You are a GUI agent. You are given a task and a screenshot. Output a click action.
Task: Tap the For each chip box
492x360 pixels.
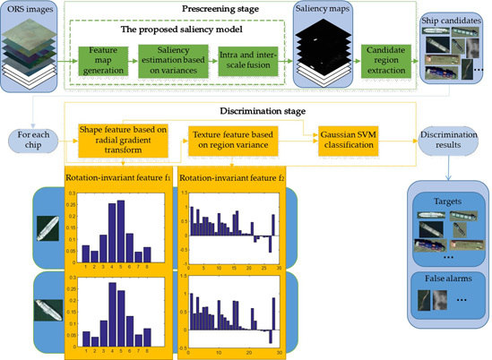pyautogui.click(x=30, y=142)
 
